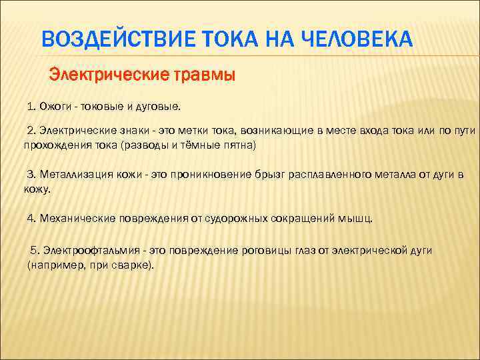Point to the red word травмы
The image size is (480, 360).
click(205, 74)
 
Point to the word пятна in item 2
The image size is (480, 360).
click(238, 144)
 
